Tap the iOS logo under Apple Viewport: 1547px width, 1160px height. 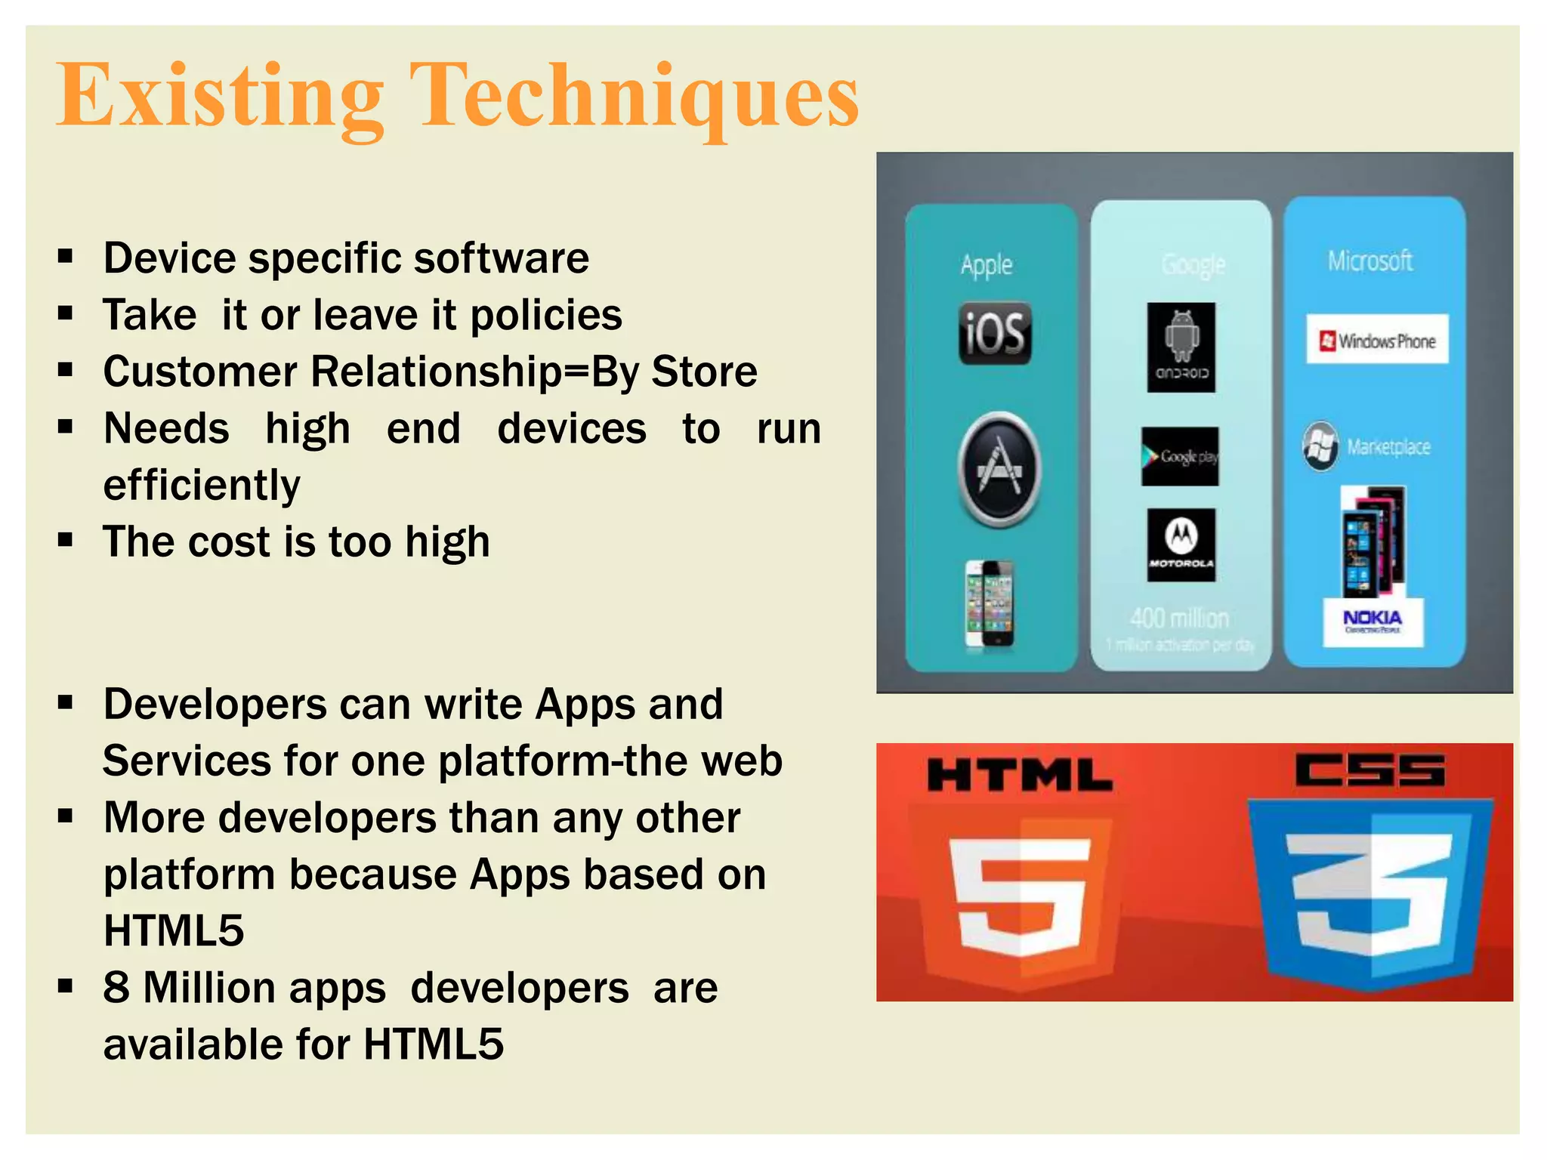tap(995, 333)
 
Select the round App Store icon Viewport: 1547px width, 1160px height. tap(999, 470)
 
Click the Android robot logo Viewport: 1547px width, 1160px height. tap(1181, 347)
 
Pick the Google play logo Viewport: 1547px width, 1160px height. tap(1179, 456)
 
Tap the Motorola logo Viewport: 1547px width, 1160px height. tap(1181, 545)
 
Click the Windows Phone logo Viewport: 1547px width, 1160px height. tap(1377, 340)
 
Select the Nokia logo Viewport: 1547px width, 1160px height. tap(1373, 622)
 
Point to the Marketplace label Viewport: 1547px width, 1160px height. tap(1388, 447)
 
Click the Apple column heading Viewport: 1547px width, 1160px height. tap(987, 265)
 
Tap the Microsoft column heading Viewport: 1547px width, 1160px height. tap(1369, 261)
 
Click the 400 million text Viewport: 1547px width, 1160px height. tap(1179, 619)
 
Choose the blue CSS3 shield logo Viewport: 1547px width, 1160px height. tap(1369, 891)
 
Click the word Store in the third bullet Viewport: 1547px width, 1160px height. tap(704, 372)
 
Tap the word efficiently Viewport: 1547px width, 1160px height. tap(202, 485)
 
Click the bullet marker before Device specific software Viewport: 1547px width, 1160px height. tap(66, 258)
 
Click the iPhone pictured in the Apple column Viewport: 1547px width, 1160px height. tap(990, 604)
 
